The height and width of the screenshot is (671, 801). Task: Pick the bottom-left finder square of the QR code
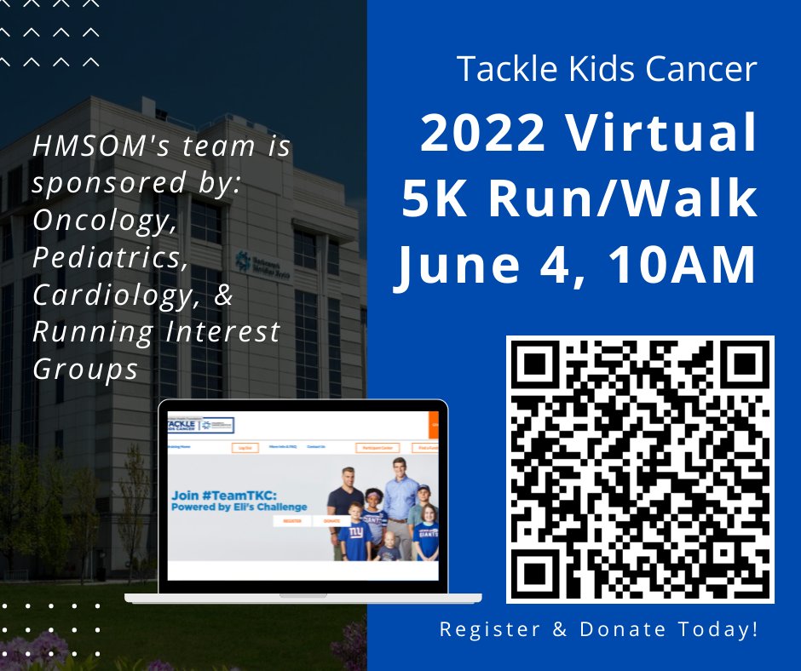539,570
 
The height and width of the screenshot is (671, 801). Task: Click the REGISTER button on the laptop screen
291,521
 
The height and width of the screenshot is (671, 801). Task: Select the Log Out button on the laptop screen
245,448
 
